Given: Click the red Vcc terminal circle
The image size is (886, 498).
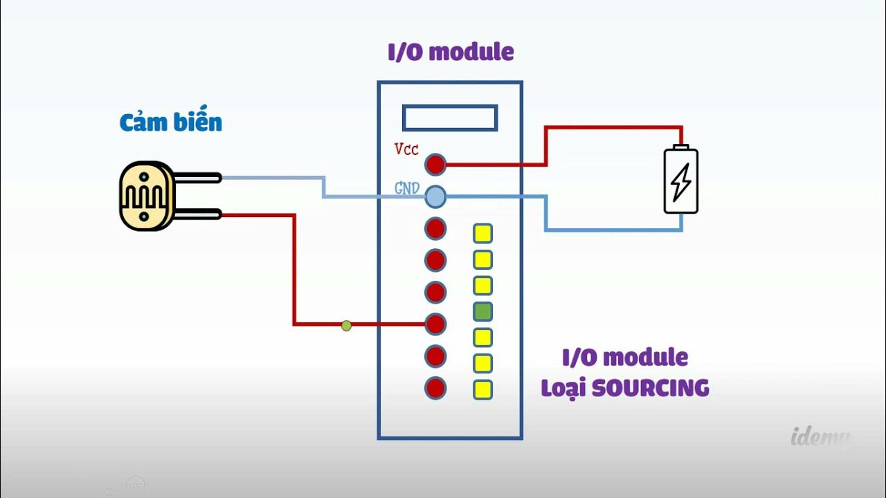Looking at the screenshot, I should click(435, 165).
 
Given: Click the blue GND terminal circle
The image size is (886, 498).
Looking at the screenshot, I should click(435, 197).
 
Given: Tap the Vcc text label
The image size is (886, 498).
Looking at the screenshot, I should click(406, 149).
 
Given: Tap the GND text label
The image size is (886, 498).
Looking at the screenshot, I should click(407, 188).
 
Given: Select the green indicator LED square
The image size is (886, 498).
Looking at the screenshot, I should click(482, 311).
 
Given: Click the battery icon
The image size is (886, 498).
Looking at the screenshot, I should click(681, 180).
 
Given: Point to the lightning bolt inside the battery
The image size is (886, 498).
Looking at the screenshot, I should click(681, 181).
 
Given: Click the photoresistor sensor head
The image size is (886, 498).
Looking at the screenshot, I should click(145, 196).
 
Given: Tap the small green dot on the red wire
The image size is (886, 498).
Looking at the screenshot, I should click(346, 325).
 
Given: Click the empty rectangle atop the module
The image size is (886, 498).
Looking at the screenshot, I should click(450, 118).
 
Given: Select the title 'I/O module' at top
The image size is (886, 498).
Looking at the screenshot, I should click(451, 52).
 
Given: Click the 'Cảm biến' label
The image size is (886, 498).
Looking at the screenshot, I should click(170, 123).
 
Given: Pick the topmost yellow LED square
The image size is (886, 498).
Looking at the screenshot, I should click(482, 234).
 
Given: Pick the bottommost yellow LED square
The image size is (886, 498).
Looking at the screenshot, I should click(482, 389).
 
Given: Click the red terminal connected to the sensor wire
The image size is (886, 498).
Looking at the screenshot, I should click(435, 323).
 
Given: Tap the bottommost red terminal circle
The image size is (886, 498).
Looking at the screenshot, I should click(435, 388).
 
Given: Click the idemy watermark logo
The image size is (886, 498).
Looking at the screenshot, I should click(820, 437).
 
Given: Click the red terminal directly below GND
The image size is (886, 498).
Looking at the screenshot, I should click(435, 228).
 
